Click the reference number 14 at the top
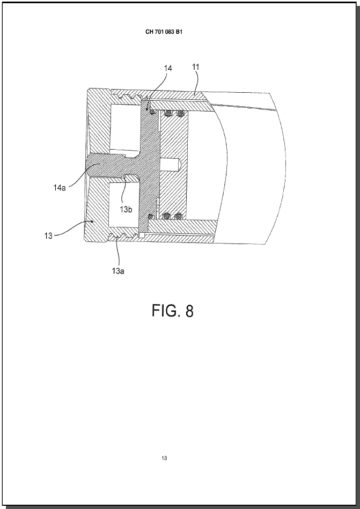click(168, 68)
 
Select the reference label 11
click(196, 67)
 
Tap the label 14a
click(60, 187)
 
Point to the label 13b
click(126, 210)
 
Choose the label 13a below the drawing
click(118, 271)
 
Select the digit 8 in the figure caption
click(189, 311)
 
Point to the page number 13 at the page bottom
click(164, 458)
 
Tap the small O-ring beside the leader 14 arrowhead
click(152, 112)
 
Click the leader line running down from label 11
click(195, 83)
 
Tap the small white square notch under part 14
click(142, 234)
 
